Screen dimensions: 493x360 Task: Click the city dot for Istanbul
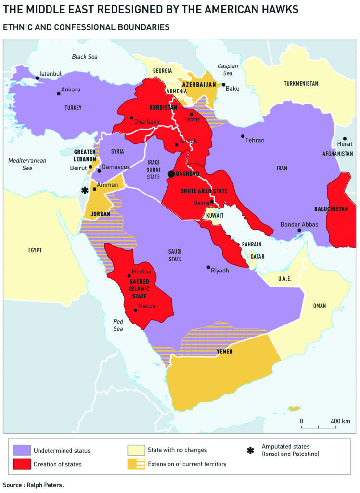(x=37, y=78)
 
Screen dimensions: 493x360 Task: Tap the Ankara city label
(x=71, y=90)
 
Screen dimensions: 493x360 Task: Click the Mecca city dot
(x=136, y=310)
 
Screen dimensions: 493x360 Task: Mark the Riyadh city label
(x=220, y=271)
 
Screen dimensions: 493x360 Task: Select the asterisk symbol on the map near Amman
(x=85, y=190)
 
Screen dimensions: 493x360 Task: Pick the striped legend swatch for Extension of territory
(x=136, y=464)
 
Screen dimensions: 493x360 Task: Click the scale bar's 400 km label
(x=340, y=421)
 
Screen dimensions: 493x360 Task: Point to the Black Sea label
(x=84, y=57)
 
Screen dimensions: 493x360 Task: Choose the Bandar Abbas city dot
(x=299, y=231)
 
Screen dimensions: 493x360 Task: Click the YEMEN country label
(x=224, y=352)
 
